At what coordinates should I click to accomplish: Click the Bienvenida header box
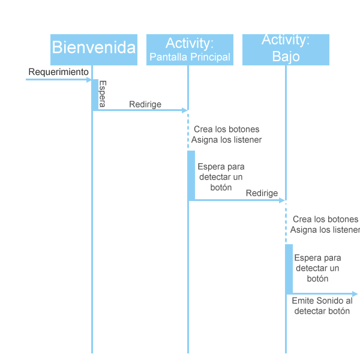pos(94,50)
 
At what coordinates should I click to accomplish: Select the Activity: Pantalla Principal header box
pos(190,50)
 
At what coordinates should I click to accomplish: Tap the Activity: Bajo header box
pos(286,50)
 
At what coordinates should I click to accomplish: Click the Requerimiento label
pos(58,72)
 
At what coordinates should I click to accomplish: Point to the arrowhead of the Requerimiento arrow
pos(89,80)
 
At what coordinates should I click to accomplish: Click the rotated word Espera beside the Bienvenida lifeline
pos(103,94)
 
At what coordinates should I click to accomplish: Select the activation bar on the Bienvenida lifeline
pos(95,95)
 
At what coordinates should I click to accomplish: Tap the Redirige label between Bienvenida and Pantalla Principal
pos(145,104)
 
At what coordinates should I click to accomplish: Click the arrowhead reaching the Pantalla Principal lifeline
pos(185,110)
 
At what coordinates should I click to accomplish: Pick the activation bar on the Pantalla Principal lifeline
pos(191,175)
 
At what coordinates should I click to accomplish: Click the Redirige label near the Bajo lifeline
pos(262,193)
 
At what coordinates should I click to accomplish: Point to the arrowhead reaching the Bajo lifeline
pos(282,200)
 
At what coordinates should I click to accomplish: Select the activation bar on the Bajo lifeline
pos(289,269)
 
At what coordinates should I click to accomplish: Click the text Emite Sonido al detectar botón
pos(322,306)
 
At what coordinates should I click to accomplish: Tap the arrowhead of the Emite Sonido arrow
pos(355,294)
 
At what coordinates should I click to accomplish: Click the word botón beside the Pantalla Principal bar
pos(221,188)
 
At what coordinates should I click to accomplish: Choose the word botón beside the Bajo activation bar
pos(317,279)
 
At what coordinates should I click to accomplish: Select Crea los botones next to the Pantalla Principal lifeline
pos(227,129)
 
